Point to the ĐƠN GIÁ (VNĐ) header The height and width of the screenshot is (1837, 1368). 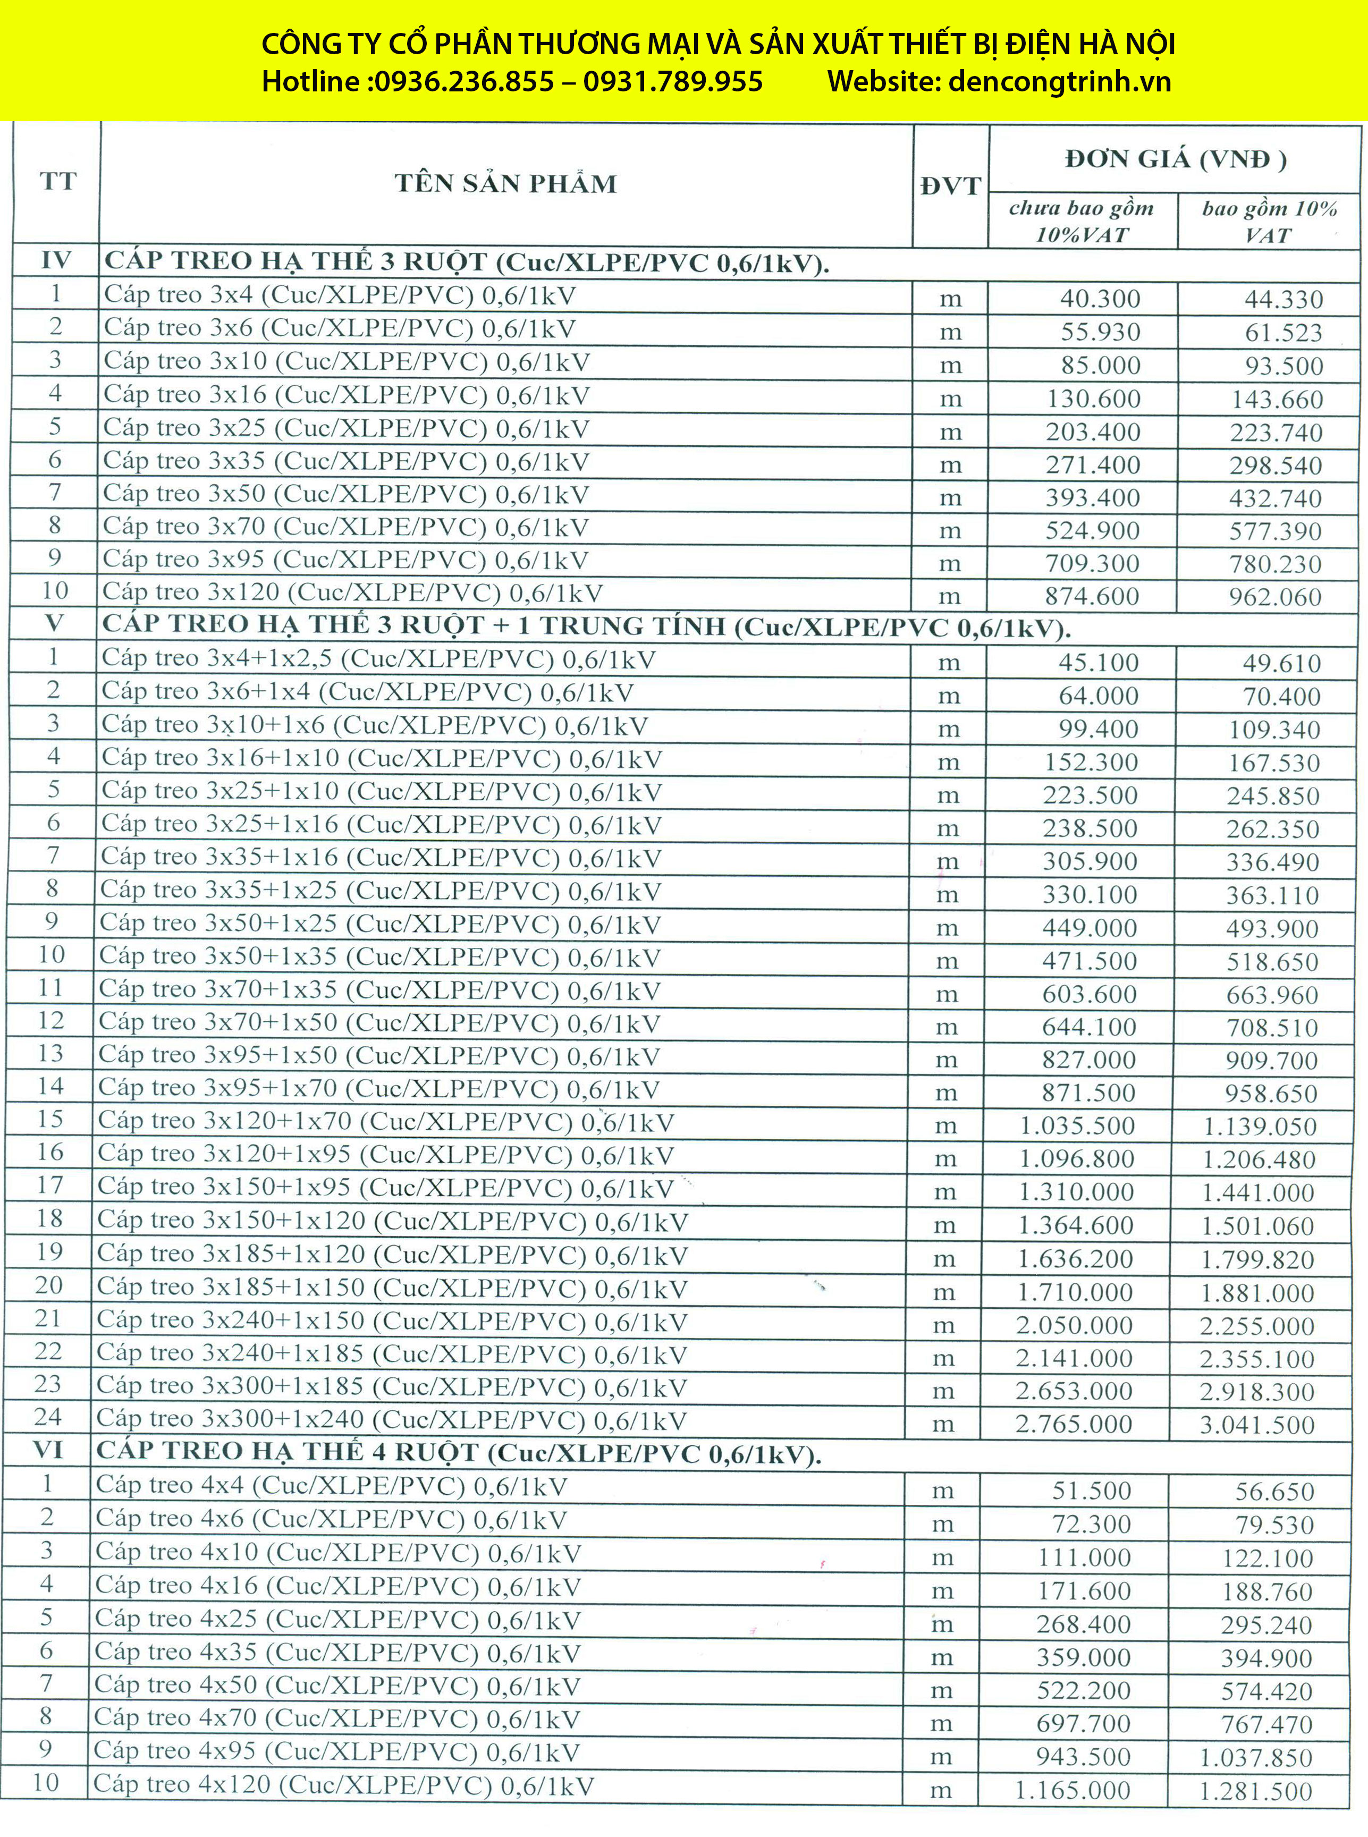click(1175, 159)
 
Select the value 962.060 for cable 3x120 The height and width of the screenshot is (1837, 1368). click(1275, 597)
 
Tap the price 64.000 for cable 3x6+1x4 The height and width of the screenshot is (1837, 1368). click(1098, 696)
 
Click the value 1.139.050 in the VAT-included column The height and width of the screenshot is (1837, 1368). click(1260, 1127)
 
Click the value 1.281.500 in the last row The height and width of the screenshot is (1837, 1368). click(1256, 1791)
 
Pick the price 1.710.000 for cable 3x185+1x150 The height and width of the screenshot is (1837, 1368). click(1075, 1292)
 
